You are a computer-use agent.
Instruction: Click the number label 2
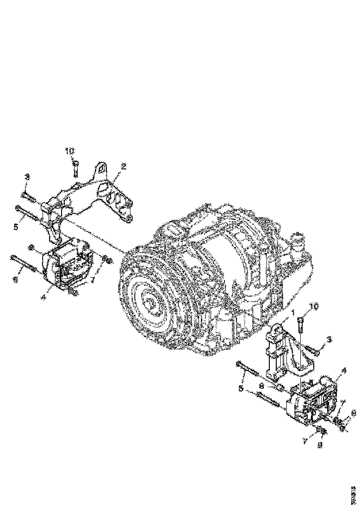[x=124, y=166]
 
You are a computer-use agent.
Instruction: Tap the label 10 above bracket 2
[x=69, y=151]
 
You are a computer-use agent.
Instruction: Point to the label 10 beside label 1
[x=314, y=307]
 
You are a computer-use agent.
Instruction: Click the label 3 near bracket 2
[x=27, y=177]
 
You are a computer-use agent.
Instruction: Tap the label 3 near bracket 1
[x=329, y=340]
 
